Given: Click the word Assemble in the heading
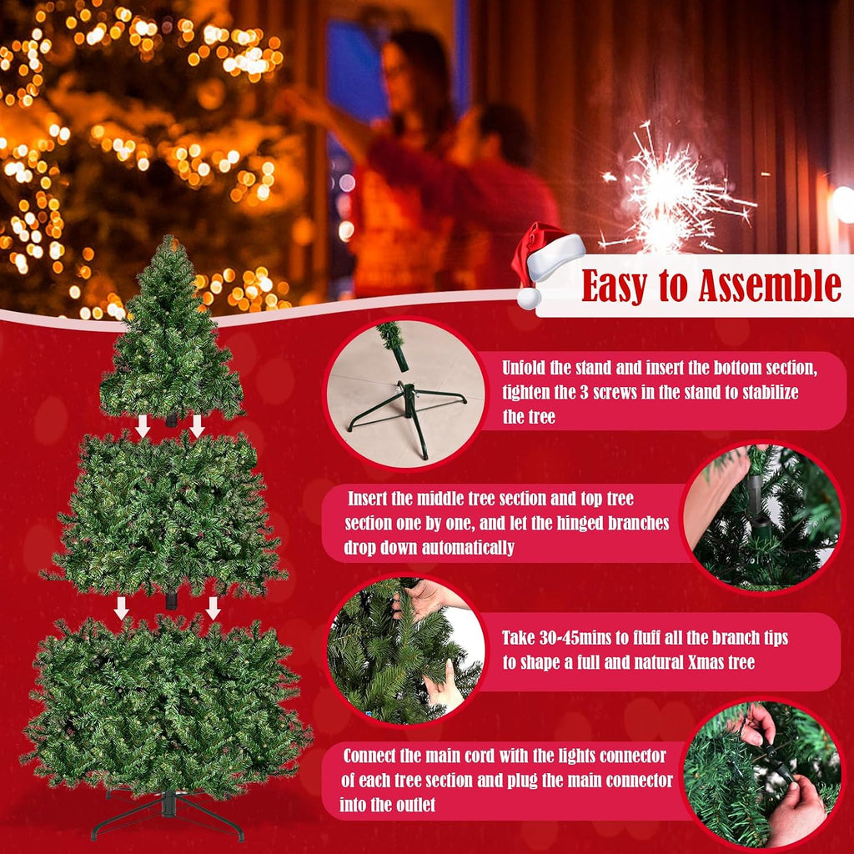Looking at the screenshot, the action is [770, 285].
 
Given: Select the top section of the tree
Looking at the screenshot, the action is [170, 332].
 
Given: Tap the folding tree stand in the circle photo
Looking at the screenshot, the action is [407, 414].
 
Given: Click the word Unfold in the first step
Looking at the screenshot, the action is [524, 368].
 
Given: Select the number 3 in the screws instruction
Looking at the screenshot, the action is [584, 392].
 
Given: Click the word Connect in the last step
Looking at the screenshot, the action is [369, 756].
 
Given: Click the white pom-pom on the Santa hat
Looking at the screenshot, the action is [528, 299].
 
